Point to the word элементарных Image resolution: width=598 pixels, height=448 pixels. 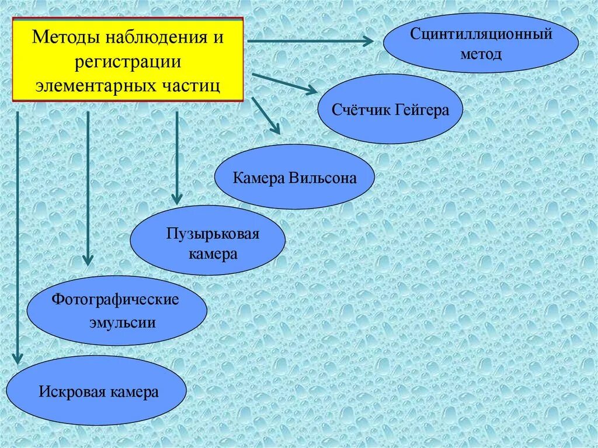click(x=94, y=86)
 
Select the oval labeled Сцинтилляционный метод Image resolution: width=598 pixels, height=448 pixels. click(x=481, y=43)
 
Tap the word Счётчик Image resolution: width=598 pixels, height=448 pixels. click(x=356, y=109)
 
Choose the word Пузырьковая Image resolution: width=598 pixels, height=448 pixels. click(x=212, y=234)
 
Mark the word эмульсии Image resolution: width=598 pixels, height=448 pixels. click(x=123, y=322)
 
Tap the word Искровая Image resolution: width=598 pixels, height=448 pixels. click(x=64, y=391)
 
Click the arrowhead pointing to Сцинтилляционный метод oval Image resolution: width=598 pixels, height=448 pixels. click(x=367, y=41)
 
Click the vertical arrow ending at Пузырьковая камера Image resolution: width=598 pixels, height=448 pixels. click(x=176, y=158)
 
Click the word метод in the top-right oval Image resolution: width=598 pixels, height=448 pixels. click(x=481, y=54)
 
